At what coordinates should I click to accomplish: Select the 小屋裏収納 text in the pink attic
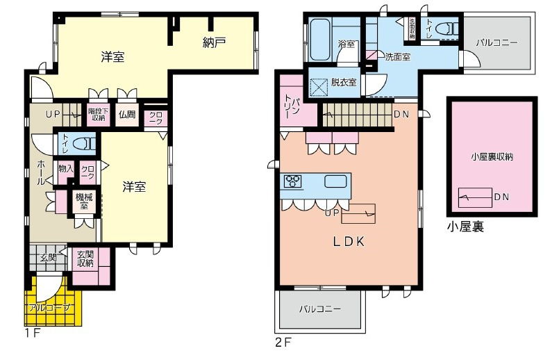click(491, 157)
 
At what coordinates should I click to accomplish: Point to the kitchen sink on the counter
click(335, 182)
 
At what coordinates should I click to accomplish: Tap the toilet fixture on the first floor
click(83, 143)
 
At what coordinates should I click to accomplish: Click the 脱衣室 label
click(344, 83)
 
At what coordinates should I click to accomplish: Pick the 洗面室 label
click(398, 57)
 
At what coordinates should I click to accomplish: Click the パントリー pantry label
click(291, 108)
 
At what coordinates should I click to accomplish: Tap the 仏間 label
click(126, 115)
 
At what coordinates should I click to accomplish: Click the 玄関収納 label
click(85, 259)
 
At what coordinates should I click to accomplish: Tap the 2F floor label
click(281, 342)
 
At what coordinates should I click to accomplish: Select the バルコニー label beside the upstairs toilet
click(497, 42)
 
